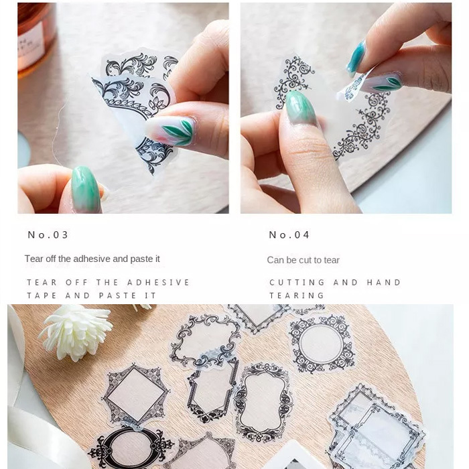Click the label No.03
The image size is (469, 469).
click(x=48, y=234)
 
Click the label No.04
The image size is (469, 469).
click(x=289, y=234)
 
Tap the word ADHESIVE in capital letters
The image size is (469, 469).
click(x=158, y=282)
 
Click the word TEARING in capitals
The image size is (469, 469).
click(x=297, y=295)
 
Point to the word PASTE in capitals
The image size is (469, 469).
click(x=118, y=295)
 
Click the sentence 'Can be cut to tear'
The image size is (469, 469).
click(x=303, y=260)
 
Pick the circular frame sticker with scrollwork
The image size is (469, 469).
click(x=321, y=343)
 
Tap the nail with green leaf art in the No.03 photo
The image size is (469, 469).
click(x=172, y=131)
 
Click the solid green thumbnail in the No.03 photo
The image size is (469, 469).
click(x=86, y=190)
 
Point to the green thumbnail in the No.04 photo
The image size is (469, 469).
click(x=301, y=108)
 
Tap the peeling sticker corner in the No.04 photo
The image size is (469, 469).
click(x=353, y=86)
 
